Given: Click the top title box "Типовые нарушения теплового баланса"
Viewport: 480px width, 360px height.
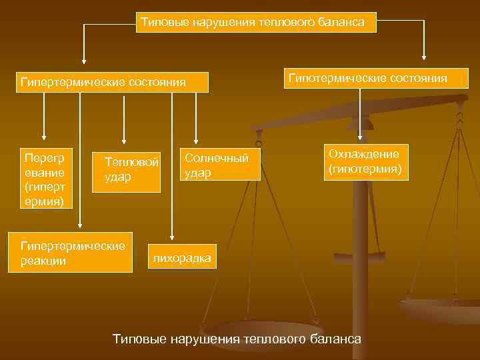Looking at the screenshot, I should [256, 23].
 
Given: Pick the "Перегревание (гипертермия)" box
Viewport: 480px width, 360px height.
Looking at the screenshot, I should [44, 179].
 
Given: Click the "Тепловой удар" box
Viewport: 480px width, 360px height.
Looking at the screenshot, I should [127, 170].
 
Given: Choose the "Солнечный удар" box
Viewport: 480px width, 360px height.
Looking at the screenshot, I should [220, 165].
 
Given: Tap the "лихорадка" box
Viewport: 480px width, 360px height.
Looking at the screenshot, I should [182, 258].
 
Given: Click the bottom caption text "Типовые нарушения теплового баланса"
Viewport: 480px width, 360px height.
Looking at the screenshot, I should [237, 339].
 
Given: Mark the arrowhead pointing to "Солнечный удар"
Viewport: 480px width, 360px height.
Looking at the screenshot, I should [196, 139].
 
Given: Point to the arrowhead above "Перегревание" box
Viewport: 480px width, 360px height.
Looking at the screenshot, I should [44, 139].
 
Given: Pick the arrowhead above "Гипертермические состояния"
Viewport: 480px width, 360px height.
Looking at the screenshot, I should [83, 59].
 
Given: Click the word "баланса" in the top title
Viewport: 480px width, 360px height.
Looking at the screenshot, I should [343, 23].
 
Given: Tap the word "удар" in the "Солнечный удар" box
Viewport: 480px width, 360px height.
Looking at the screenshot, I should [198, 173].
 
